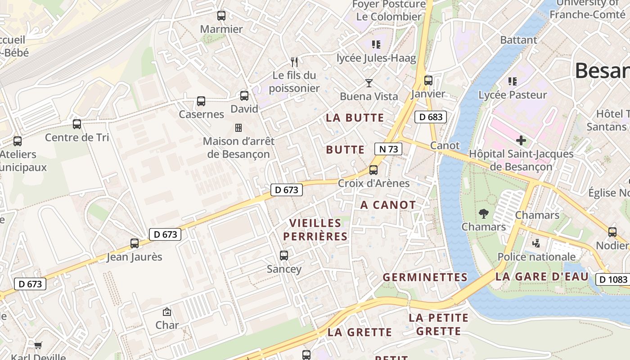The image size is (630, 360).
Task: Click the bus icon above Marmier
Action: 221,16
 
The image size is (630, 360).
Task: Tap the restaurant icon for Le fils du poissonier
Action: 294,62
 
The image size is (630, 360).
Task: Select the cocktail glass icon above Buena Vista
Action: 369,83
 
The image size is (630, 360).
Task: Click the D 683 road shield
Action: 431,117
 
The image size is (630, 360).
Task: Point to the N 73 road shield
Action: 388,149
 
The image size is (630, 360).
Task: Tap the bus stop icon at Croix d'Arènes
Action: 373,170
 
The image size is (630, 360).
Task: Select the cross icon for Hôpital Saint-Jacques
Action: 521,140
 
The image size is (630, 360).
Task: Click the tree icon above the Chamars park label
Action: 484,213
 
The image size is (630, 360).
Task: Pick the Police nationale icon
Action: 536,243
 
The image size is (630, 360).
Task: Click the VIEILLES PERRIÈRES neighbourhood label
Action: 315,229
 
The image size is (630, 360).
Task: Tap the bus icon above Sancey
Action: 284,256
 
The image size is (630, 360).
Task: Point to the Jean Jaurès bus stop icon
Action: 134,243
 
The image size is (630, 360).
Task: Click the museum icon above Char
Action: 167,311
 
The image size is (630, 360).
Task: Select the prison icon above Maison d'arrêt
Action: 238,128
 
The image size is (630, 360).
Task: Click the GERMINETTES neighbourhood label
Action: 425,277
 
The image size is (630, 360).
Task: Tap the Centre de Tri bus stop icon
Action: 77,124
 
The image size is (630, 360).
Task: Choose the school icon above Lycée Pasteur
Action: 512,81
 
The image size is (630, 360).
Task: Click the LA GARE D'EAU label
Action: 542,277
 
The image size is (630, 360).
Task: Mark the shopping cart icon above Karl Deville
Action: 38,345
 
